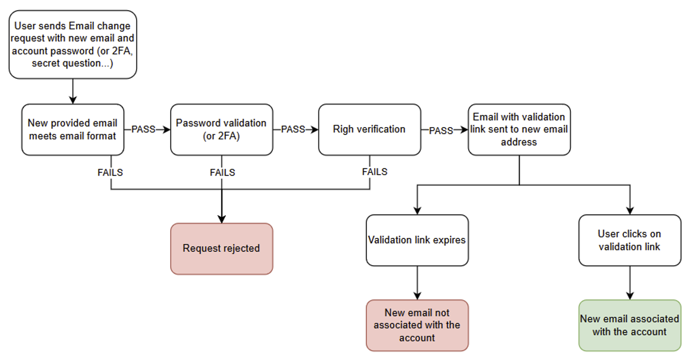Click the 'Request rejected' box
(x=221, y=248)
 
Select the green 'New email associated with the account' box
(x=629, y=325)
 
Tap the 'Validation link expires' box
(x=417, y=240)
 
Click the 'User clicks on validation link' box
(x=629, y=240)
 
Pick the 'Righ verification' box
(x=369, y=129)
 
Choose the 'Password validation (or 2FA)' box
(x=221, y=129)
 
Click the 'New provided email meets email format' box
(x=73, y=129)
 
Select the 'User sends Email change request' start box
(x=73, y=44)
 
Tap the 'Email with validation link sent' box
(x=519, y=129)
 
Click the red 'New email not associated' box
(x=417, y=325)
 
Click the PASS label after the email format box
(x=143, y=129)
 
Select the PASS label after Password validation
(x=293, y=129)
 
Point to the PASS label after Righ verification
(x=441, y=130)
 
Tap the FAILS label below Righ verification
(x=375, y=172)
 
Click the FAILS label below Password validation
(x=222, y=173)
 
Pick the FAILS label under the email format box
(x=110, y=173)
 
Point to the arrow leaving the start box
(x=73, y=91)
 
